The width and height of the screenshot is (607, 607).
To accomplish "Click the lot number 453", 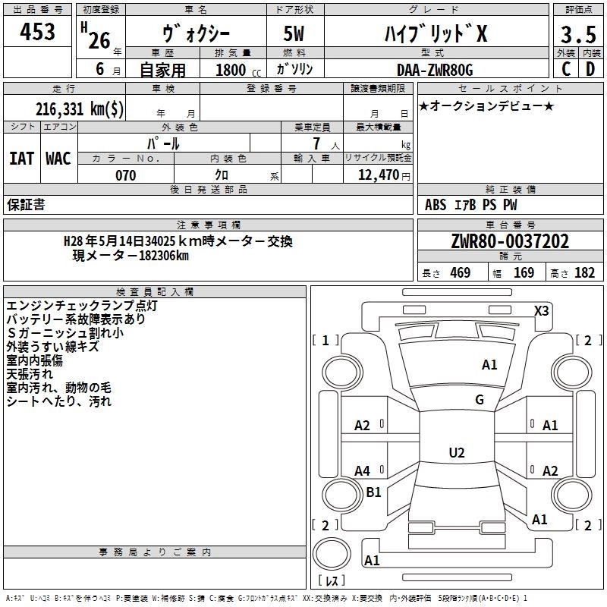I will click(x=37, y=33).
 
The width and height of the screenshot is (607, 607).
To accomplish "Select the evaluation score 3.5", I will click(x=577, y=35).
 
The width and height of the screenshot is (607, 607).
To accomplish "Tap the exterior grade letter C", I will click(x=565, y=69).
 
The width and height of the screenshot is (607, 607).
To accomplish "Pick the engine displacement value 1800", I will click(x=231, y=70).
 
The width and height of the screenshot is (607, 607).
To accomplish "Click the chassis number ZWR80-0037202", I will click(x=509, y=241).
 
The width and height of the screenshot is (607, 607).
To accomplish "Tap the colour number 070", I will click(x=125, y=175).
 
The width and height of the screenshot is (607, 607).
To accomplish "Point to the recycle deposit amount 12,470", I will click(x=376, y=175).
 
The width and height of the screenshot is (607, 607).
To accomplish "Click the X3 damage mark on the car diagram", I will click(x=542, y=310).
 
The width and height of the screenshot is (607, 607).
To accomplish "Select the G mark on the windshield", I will click(x=480, y=400).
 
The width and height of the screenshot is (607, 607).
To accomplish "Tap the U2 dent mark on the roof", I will click(x=456, y=453).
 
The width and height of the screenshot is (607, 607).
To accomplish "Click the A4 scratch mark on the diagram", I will click(x=363, y=471).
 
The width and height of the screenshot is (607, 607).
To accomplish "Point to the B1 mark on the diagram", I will click(x=373, y=492).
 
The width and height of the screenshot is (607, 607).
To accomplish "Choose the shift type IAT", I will click(x=21, y=159).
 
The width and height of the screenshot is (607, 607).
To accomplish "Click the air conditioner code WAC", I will click(x=58, y=159).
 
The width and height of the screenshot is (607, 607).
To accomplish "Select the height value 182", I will click(x=584, y=272).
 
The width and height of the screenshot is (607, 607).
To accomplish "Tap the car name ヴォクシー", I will click(x=197, y=34).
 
